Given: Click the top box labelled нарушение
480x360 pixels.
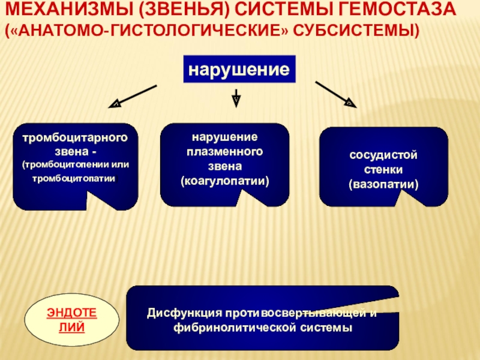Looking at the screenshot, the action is tap(239, 69).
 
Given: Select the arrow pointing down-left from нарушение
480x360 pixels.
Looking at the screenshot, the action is tap(133, 96).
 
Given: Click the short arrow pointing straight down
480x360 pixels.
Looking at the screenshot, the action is tap(236, 97).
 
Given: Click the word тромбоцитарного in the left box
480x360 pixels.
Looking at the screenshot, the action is tap(75, 138).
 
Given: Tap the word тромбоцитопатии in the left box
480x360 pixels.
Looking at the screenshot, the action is tap(73, 178).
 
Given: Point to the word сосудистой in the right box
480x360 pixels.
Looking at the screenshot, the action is tap(383, 156).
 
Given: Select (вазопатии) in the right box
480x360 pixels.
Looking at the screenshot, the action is tap(383, 184).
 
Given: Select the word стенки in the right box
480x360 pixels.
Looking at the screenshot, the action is tap(383, 170).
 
